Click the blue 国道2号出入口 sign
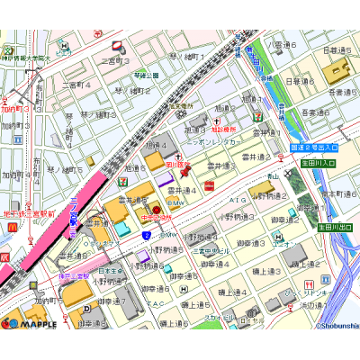pyautogui.click(x=313, y=147)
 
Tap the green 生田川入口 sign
pyautogui.click(x=319, y=163)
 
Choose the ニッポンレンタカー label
pyautogui.click(x=211, y=142)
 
